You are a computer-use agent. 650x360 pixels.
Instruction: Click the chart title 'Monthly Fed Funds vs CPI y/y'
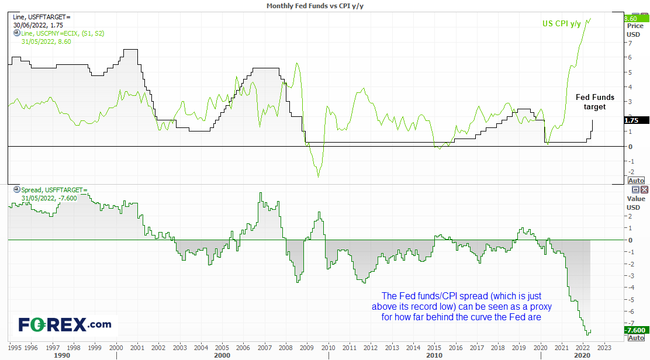(x=314, y=6)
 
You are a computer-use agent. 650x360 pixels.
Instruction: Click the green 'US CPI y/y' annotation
(x=561, y=23)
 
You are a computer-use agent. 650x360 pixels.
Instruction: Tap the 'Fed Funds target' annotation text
(x=595, y=102)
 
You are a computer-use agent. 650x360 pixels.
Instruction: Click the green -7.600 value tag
(x=636, y=330)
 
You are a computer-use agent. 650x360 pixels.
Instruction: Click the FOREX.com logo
(x=65, y=325)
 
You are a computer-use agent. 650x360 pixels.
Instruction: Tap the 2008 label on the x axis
(x=286, y=348)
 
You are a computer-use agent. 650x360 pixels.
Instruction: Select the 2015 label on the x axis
(x=434, y=348)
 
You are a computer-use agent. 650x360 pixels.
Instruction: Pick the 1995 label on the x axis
(x=15, y=348)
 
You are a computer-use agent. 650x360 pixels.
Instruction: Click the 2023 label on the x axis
(x=604, y=348)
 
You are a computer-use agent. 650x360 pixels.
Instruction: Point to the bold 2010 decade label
(x=434, y=355)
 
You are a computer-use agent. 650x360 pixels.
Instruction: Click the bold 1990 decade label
(x=62, y=355)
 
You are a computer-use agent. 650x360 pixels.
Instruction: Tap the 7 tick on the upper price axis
(x=630, y=43)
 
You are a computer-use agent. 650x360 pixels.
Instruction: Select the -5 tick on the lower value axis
(x=630, y=300)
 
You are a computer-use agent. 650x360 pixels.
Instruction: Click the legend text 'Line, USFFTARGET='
(x=42, y=17)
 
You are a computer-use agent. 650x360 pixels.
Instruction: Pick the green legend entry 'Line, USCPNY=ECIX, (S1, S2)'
(x=63, y=33)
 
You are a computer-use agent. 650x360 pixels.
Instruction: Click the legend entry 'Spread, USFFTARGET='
(x=54, y=190)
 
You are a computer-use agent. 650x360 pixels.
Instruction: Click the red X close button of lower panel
(x=644, y=190)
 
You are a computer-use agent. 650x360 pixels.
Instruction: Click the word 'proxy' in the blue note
(x=541, y=307)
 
